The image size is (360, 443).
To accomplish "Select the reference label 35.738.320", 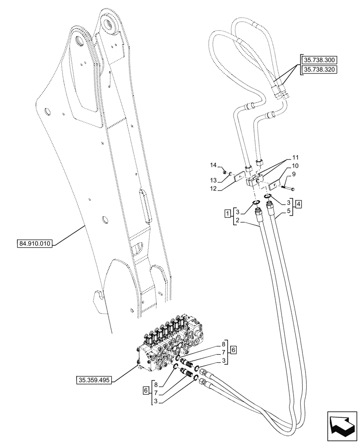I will pos(319,70).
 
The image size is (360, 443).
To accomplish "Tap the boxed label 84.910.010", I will pos(35,243).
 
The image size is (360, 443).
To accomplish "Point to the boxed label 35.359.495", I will pos(94,380).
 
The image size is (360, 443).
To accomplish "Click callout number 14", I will pos(213,165).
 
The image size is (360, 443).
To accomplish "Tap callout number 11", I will pos(296,158).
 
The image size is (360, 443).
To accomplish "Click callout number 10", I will pos(296,166).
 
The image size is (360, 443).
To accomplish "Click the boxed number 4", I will pos(300,204).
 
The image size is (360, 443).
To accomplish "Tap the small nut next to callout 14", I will pos(225,172).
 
